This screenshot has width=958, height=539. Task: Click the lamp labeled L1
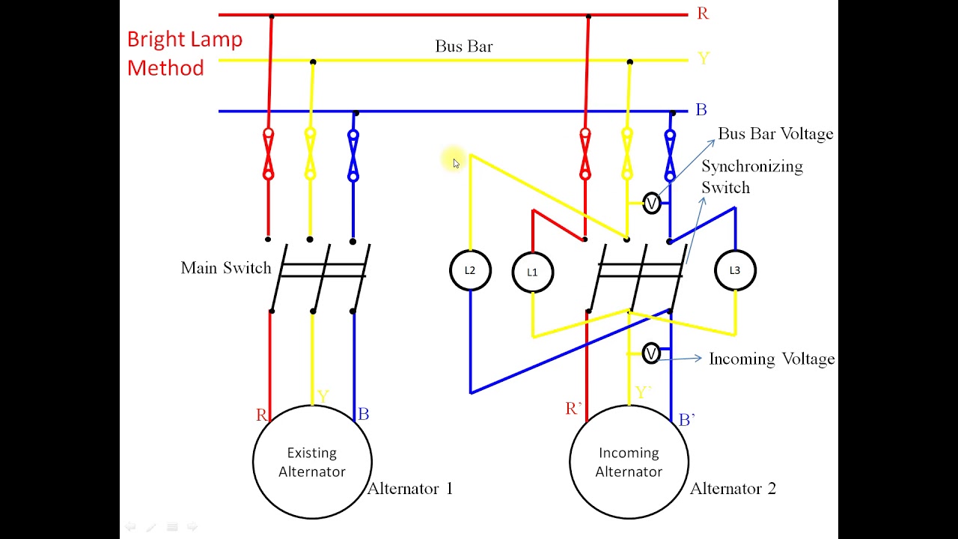[x=532, y=272]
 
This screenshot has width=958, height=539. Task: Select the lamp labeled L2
[x=470, y=270]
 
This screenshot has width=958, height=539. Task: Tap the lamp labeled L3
[x=734, y=270]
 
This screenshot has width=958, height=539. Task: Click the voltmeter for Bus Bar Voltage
[x=652, y=203]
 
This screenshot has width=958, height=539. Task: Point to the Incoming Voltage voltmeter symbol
[x=651, y=353]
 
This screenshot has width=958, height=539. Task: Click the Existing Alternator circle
[x=312, y=462]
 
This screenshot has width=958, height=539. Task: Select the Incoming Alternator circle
[x=629, y=462]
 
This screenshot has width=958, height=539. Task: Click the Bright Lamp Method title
[x=184, y=53]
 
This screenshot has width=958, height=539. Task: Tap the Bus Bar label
[x=463, y=46]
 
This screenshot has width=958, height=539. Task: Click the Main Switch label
[x=225, y=268]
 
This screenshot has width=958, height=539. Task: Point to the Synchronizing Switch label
[x=751, y=177]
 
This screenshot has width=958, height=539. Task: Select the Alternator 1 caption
[x=410, y=489]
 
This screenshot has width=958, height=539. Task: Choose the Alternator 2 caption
[x=733, y=489]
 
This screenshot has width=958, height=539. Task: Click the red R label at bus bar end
[x=702, y=13]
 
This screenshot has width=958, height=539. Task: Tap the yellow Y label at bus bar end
[x=703, y=59]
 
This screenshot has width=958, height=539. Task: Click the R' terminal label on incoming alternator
[x=574, y=409]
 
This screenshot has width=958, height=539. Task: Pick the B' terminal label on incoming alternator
[x=686, y=420]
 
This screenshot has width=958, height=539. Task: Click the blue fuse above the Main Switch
[x=353, y=156]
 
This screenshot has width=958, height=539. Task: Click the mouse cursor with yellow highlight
[x=454, y=162]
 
